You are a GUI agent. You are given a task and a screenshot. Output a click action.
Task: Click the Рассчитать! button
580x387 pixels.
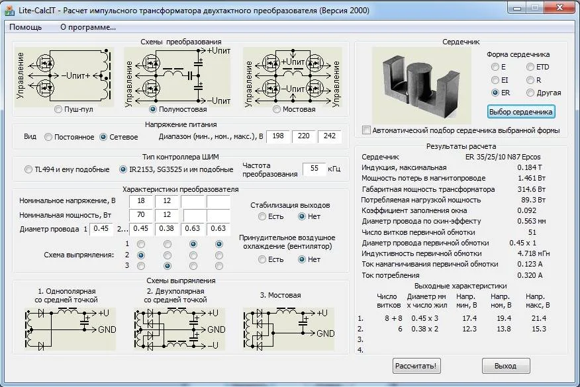coord(416,366)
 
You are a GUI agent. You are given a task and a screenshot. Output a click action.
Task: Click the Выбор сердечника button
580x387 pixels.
coord(521,112)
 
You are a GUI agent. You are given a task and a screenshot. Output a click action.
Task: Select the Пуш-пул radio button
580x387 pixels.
coord(58,109)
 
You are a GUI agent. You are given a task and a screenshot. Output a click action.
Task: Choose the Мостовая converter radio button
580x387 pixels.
coord(276,109)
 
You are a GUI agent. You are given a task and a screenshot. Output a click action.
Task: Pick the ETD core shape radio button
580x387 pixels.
coord(530,67)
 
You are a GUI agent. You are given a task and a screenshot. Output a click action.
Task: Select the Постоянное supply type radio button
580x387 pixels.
coord(48,137)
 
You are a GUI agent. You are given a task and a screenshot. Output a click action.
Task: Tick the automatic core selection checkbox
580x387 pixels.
coord(366,130)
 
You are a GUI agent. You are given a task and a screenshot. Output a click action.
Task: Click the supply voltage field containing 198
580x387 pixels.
coord(278,136)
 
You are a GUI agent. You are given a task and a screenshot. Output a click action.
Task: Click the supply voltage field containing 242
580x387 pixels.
coord(330,136)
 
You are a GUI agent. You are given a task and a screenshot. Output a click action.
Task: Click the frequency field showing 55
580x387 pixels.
coord(314,169)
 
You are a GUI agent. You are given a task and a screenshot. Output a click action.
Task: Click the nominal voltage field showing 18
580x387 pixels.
coord(141,200)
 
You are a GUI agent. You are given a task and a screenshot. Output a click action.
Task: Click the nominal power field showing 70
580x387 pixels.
coord(141,215)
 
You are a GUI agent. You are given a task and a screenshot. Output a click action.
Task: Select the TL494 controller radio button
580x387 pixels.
coord(28,169)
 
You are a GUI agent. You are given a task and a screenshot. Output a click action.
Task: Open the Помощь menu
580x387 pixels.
coord(26,27)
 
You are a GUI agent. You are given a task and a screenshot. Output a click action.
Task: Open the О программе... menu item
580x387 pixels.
coord(88,27)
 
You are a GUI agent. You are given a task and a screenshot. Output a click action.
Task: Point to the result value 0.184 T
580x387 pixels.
coord(530,167)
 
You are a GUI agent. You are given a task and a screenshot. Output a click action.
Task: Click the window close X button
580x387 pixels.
coord(559,7)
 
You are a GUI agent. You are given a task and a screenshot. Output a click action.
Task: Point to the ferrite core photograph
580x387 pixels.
coord(422,85)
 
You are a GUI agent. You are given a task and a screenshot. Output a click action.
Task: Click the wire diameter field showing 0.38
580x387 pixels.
coord(166,229)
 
